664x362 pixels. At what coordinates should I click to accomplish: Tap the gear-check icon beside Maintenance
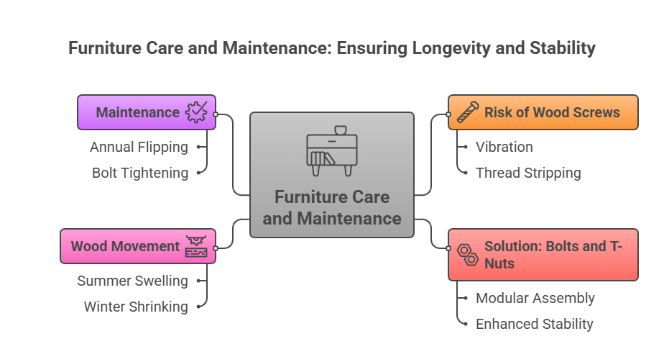click(196, 112)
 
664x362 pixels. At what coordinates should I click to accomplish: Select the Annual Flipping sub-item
click(139, 147)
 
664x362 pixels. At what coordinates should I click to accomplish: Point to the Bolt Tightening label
click(140, 173)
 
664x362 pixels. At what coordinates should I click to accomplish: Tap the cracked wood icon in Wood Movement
click(196, 246)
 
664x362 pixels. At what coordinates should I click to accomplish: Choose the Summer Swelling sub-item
click(132, 281)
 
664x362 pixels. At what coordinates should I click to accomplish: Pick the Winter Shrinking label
click(135, 307)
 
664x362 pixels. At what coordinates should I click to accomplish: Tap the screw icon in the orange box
click(467, 112)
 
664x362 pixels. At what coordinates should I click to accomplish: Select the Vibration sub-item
click(504, 147)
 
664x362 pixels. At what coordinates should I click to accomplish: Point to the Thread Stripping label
click(528, 173)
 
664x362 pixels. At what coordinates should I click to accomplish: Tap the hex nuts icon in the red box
click(467, 254)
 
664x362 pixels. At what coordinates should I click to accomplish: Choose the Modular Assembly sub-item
click(535, 298)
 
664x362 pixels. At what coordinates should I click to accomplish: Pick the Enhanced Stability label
click(534, 324)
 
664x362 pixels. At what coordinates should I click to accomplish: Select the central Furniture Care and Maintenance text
click(331, 207)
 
